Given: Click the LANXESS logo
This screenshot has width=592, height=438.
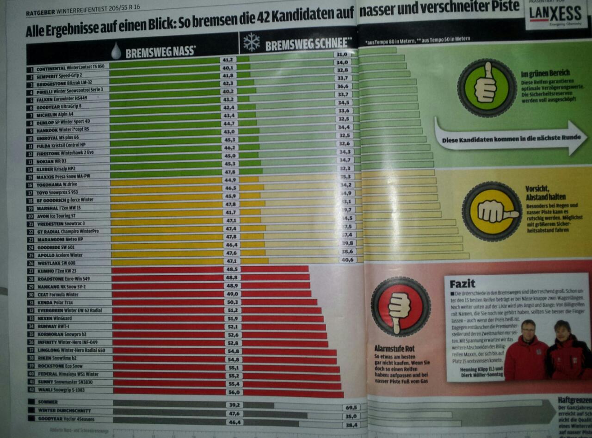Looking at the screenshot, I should pyautogui.click(x=549, y=14).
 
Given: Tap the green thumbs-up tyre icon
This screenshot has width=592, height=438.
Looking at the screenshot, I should pyautogui.click(x=486, y=87).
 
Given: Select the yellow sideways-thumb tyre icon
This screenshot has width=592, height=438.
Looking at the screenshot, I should pyautogui.click(x=491, y=211).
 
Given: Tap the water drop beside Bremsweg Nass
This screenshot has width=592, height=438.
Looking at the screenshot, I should pyautogui.click(x=116, y=51).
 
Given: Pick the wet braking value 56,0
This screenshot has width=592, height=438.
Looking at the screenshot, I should pyautogui.click(x=234, y=392).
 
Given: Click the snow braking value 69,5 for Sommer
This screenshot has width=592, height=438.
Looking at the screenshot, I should pyautogui.click(x=351, y=407).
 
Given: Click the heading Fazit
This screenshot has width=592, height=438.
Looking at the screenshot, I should pyautogui.click(x=462, y=283).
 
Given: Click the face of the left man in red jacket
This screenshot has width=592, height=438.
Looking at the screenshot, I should pyautogui.click(x=528, y=329).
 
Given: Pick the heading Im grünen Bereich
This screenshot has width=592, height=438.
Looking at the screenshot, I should pyautogui.click(x=545, y=73).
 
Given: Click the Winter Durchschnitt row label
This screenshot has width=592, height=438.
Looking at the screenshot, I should pyautogui.click(x=64, y=410).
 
